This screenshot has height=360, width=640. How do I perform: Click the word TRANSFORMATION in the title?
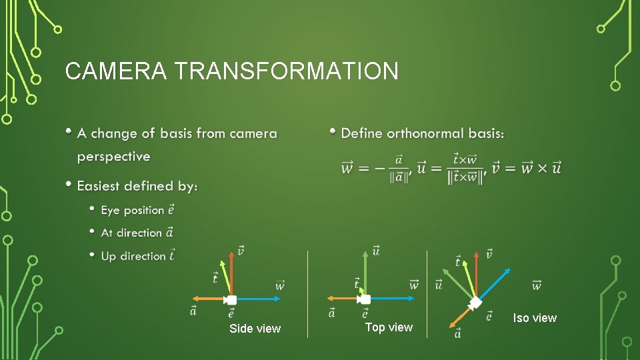point(284,71)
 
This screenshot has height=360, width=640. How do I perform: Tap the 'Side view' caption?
point(255,329)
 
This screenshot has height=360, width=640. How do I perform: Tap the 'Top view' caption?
point(389,327)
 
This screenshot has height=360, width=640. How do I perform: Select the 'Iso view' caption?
point(535,318)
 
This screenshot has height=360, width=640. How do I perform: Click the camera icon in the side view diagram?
point(231,300)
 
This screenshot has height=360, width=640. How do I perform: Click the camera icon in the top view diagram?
point(365,299)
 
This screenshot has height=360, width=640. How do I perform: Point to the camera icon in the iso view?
point(475,303)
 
